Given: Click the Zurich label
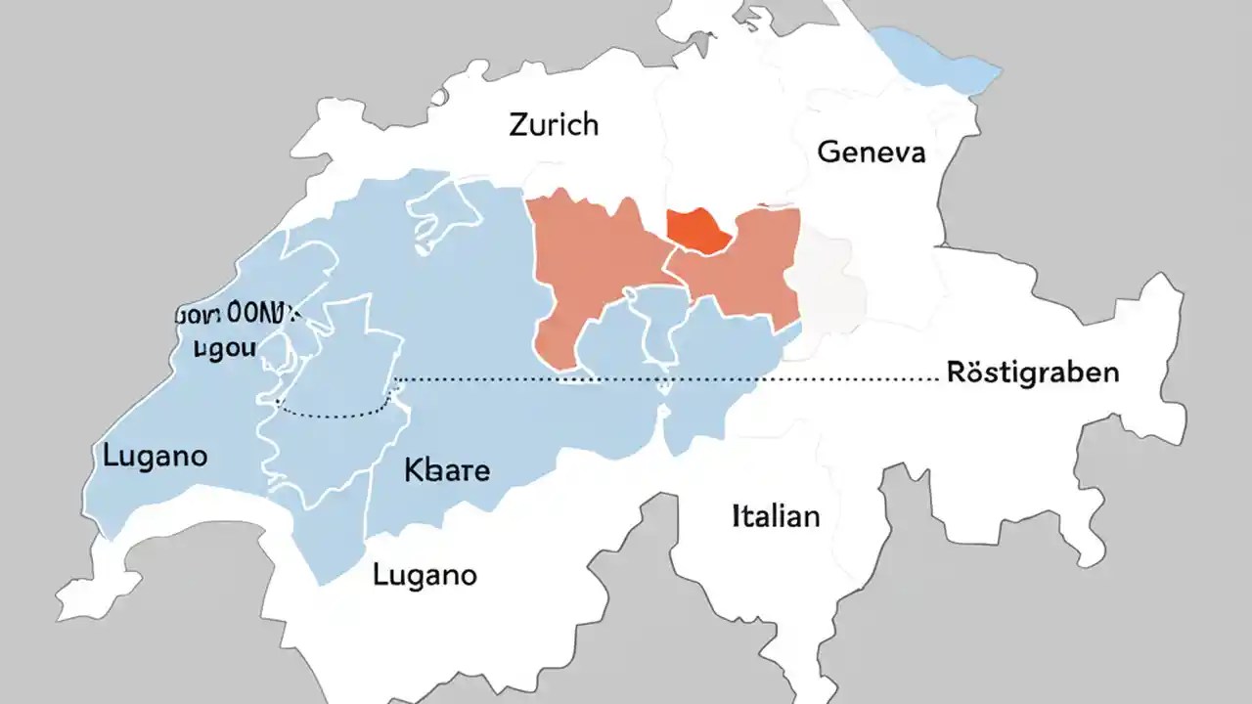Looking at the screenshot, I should pyautogui.click(x=554, y=125).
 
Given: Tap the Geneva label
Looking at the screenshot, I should pyautogui.click(x=871, y=153).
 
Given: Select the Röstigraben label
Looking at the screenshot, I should pyautogui.click(x=1033, y=373).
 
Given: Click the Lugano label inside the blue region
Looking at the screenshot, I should pyautogui.click(x=155, y=456).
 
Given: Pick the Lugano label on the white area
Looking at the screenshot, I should pyautogui.click(x=425, y=574).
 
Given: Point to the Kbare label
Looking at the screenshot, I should pyautogui.click(x=446, y=470).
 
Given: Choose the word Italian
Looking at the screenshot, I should pyautogui.click(x=776, y=515).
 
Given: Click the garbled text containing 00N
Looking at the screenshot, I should pyautogui.click(x=238, y=315).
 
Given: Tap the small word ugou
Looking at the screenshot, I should pyautogui.click(x=224, y=347).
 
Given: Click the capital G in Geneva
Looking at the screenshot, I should pyautogui.click(x=827, y=153).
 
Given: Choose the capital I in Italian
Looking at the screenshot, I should pyautogui.click(x=737, y=515).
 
